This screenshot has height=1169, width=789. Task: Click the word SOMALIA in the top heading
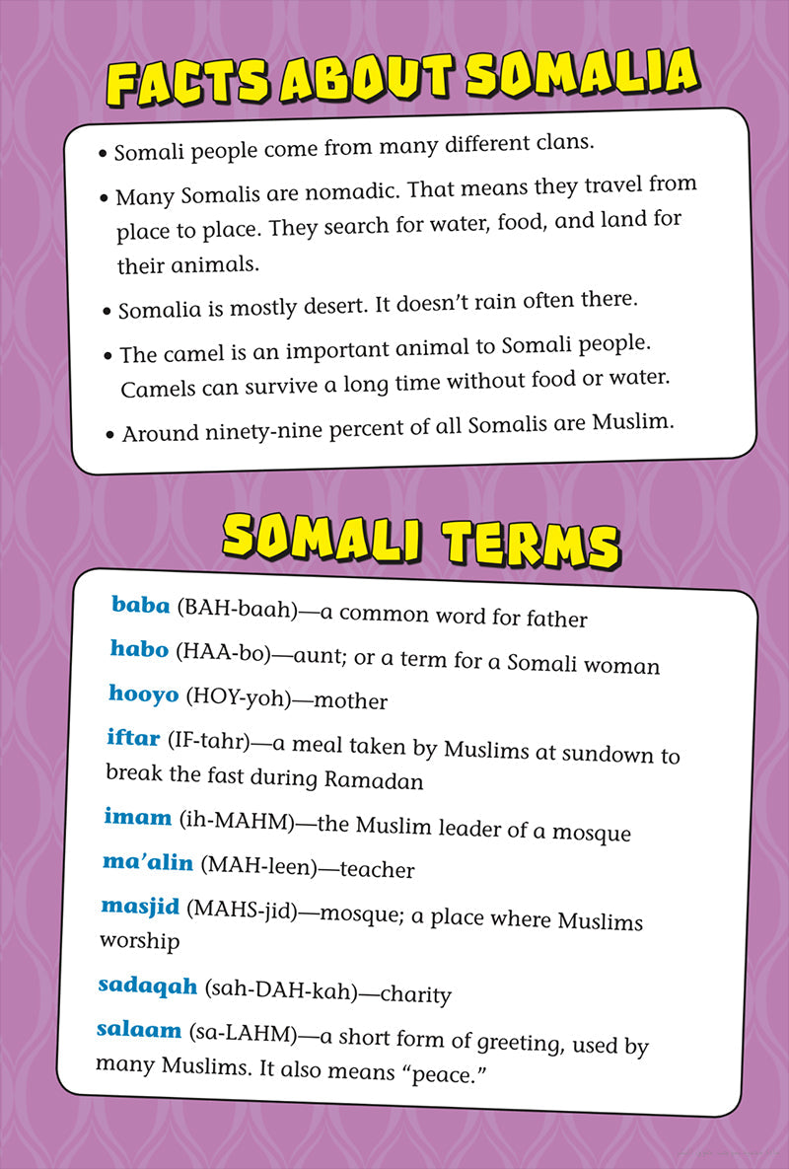pyautogui.click(x=582, y=73)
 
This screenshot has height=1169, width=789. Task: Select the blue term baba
pyautogui.click(x=141, y=604)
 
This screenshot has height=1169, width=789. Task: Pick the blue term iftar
pyautogui.click(x=133, y=737)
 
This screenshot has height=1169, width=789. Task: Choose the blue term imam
pyautogui.click(x=138, y=817)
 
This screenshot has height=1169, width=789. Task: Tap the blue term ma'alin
pyautogui.click(x=148, y=861)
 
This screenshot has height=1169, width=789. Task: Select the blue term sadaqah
pyautogui.click(x=148, y=985)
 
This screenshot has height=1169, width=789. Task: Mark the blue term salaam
pyautogui.click(x=139, y=1030)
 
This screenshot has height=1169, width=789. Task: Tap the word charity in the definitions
pyautogui.click(x=415, y=994)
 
